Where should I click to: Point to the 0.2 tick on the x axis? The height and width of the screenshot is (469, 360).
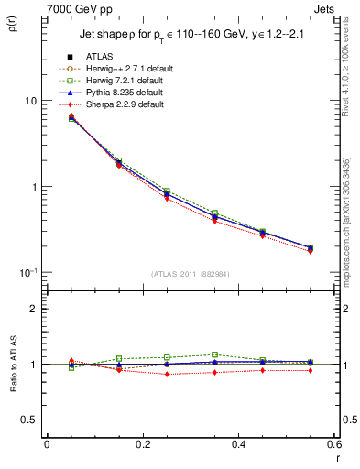click(x=142, y=446)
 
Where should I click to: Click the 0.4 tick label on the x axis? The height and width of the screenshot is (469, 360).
click(x=238, y=446)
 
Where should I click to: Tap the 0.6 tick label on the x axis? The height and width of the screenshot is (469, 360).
click(x=333, y=446)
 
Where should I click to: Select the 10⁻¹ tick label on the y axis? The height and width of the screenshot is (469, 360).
click(x=28, y=273)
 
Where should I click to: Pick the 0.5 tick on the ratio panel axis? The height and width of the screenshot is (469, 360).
click(x=29, y=420)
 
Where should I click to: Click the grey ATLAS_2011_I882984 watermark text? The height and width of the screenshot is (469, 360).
click(x=191, y=274)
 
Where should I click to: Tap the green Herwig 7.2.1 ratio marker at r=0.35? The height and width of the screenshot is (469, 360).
click(x=214, y=354)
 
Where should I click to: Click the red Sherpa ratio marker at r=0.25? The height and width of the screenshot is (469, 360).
click(x=167, y=374)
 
